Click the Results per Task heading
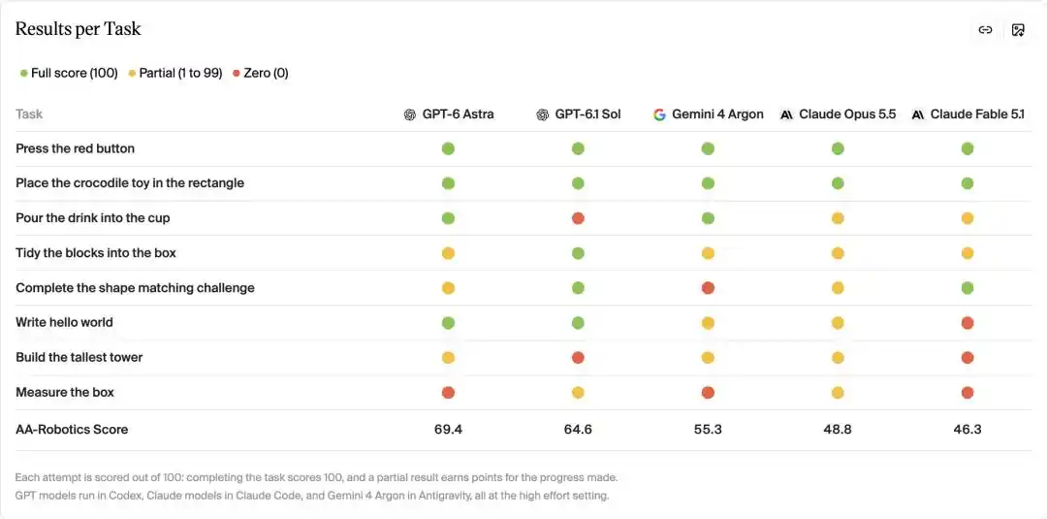point(79,29)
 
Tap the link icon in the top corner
point(985,30)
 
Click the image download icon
point(1018,30)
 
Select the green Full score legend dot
point(24,74)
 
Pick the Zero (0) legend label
point(266,74)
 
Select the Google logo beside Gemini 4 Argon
point(660,114)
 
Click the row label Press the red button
point(75,149)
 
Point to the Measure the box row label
point(65,392)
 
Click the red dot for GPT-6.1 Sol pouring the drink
point(578,218)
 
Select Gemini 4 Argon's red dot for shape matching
point(708,288)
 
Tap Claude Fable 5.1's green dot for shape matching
point(968,288)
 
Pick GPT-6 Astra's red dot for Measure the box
point(448,392)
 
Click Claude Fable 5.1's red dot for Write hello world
point(968,323)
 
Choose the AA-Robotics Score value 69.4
point(448,430)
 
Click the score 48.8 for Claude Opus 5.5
point(838,430)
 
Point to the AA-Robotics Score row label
point(72,430)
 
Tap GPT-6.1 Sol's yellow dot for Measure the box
point(578,392)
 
